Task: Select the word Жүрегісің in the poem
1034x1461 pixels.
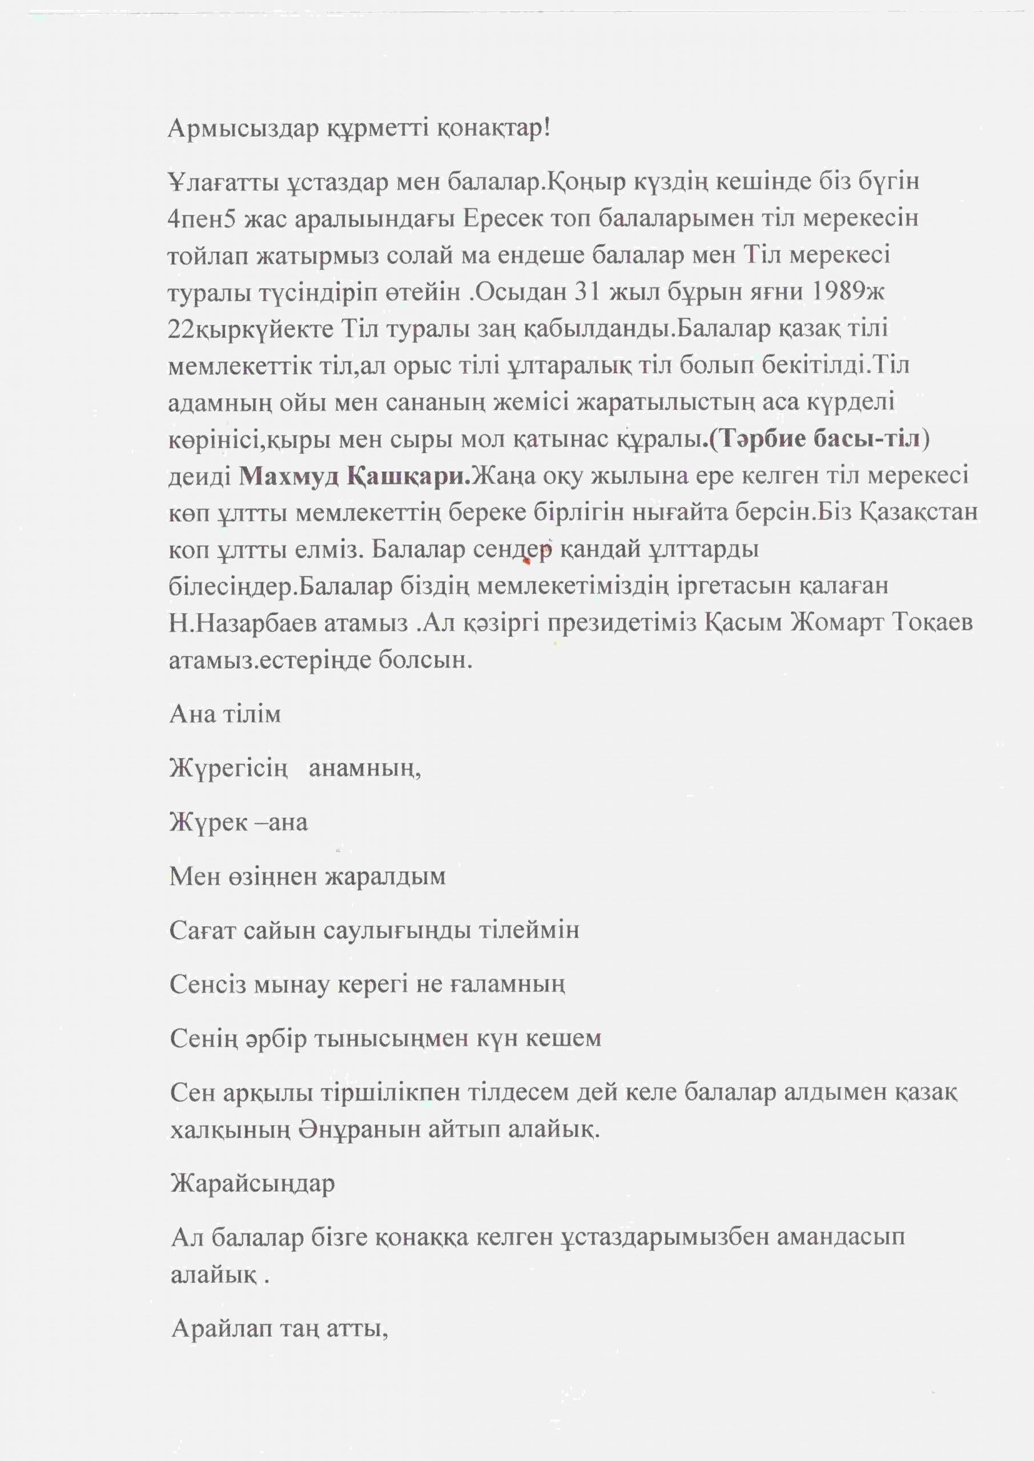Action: coord(228,769)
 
